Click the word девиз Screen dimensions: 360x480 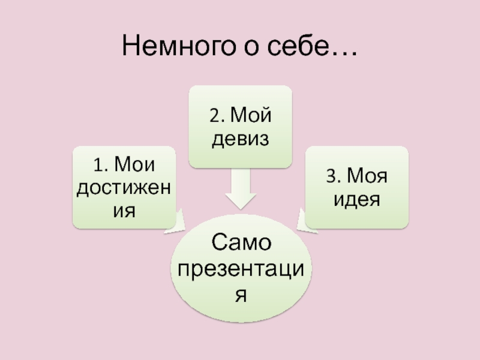239,139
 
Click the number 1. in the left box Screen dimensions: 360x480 100,163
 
